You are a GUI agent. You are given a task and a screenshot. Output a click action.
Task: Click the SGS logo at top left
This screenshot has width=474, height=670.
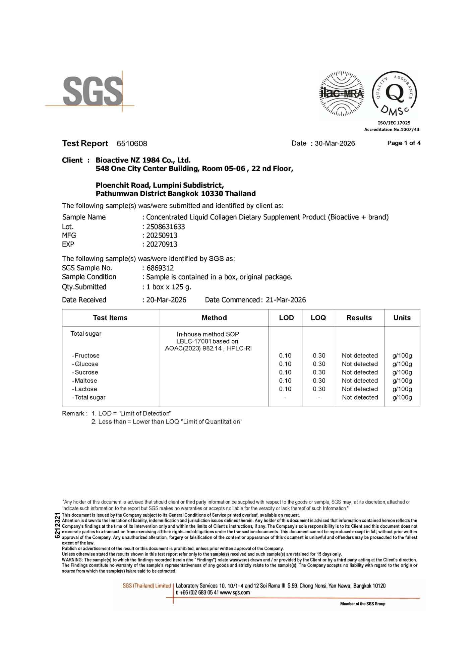click(x=93, y=91)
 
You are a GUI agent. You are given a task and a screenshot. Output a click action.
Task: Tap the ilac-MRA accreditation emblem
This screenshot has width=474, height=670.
click(x=342, y=93)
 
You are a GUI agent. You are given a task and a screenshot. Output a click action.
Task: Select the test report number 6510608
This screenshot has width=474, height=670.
click(x=132, y=144)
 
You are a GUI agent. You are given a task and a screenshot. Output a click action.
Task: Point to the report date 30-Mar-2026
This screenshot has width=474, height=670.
click(x=335, y=143)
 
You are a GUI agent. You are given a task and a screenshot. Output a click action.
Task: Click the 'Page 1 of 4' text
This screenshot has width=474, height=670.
click(x=404, y=143)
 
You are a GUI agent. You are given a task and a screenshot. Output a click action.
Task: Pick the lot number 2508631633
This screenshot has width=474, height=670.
click(x=166, y=227)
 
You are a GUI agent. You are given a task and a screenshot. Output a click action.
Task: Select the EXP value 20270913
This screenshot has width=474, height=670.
click(x=162, y=244)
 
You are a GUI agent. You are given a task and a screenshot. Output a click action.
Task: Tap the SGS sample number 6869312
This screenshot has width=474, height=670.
click(x=160, y=268)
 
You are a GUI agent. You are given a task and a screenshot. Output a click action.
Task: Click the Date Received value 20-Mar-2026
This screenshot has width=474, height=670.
click(x=166, y=300)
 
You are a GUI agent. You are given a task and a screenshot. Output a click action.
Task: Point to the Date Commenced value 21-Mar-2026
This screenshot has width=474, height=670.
click(x=286, y=300)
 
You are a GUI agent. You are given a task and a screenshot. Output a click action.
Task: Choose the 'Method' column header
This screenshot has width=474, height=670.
click(x=214, y=318)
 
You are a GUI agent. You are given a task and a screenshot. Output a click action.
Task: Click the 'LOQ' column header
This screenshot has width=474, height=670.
click(x=318, y=318)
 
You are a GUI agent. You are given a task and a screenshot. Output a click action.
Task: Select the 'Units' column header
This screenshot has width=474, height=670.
click(x=402, y=318)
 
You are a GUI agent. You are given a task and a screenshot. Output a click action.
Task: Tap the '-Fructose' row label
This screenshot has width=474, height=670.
click(x=86, y=355)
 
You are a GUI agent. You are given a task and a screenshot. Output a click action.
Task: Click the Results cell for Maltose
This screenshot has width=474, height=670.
click(x=360, y=381)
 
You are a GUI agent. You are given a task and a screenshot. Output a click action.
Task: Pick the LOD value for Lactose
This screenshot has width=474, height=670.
click(x=285, y=389)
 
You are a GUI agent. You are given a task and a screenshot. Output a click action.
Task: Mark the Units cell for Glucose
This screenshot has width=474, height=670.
click(x=402, y=364)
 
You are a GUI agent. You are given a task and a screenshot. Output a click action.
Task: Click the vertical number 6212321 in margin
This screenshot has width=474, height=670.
click(x=57, y=526)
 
